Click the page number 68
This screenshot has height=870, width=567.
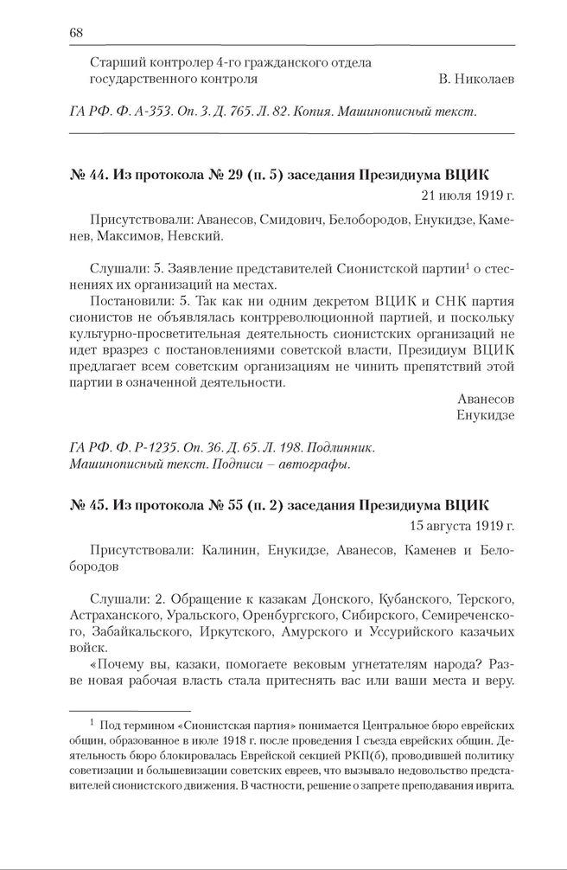click(74, 34)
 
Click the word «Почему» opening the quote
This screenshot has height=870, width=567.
click(118, 664)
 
